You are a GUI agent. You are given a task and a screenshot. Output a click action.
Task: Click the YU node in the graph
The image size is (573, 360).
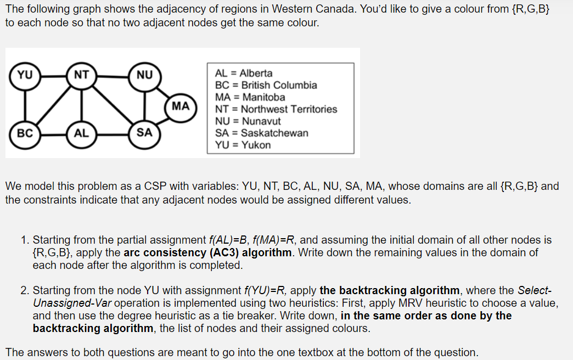(x=25, y=74)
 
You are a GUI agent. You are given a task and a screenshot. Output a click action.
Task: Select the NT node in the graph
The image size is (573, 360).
(x=81, y=74)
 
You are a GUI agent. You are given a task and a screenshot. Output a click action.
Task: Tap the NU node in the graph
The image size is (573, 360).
(x=145, y=74)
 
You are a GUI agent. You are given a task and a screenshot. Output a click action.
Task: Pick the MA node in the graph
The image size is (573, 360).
(x=181, y=105)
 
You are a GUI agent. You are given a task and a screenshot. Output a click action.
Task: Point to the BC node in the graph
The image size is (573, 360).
(x=25, y=133)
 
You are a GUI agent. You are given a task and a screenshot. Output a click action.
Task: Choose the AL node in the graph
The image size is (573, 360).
(x=81, y=133)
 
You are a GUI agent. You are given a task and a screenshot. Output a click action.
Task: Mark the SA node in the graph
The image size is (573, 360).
(x=145, y=133)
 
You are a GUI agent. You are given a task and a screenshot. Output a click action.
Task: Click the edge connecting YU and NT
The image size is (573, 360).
(x=53, y=74)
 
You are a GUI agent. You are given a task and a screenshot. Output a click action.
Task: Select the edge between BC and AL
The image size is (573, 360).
(x=53, y=133)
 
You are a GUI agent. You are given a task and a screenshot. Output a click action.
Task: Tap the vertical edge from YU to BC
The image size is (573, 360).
(x=25, y=104)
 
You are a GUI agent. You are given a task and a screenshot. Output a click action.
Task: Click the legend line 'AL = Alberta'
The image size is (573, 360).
(x=244, y=73)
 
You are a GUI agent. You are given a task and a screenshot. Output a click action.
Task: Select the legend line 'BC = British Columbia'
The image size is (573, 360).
(x=266, y=85)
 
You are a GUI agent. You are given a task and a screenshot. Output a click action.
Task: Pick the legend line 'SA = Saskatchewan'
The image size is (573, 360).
(x=262, y=133)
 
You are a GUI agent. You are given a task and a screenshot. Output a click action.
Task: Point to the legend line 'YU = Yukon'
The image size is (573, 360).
(x=243, y=145)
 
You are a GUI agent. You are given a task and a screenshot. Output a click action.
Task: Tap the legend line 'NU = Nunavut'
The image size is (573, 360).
(x=248, y=121)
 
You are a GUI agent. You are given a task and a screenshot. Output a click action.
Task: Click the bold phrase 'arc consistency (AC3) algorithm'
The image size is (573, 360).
(x=208, y=253)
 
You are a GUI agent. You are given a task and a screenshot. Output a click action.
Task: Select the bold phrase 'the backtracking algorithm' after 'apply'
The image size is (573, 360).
(x=390, y=290)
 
